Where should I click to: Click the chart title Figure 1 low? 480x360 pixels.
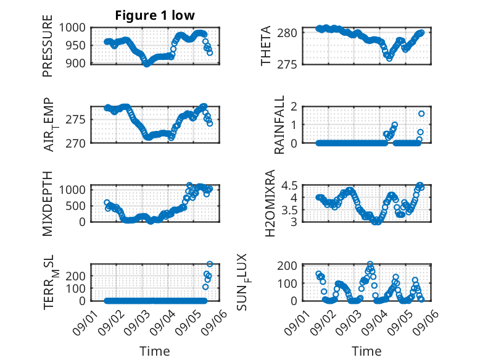coord(155,15)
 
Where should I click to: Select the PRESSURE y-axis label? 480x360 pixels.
coord(48,46)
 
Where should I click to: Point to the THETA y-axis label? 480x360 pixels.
coord(266,46)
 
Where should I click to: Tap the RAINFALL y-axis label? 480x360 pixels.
coord(279,124)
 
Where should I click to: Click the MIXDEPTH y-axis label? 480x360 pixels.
coord(48,204)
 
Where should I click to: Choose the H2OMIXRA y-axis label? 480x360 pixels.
coord(270,203)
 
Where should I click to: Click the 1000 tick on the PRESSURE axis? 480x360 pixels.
coord(72,28)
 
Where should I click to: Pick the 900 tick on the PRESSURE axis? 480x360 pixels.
coord(75,64)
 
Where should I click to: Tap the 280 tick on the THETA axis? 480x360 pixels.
coord(287,33)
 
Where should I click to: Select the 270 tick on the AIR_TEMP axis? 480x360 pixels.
coord(75,143)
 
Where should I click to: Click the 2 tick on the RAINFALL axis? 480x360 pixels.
coord(294,107)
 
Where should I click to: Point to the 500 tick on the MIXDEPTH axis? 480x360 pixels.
coord(75,206)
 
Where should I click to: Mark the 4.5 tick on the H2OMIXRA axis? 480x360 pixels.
coord(289,185)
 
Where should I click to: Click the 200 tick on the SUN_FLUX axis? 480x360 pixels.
coord(287,266)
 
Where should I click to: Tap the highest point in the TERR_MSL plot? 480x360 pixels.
coord(210,264)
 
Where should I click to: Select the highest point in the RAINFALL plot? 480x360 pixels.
coord(421,114)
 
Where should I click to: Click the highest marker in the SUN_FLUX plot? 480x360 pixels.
coord(370,264)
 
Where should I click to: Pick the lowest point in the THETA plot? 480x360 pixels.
coord(389,59)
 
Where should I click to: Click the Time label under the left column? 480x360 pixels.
coord(155,351)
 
